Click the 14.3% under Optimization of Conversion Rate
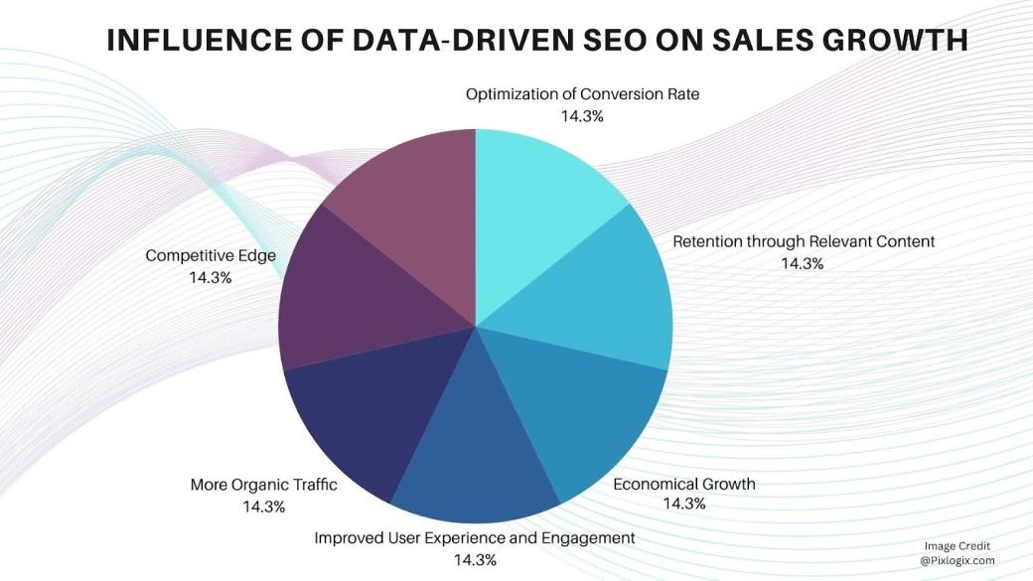tap(582, 115)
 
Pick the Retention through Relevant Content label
tap(804, 241)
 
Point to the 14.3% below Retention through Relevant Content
tap(803, 263)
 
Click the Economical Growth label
tap(684, 484)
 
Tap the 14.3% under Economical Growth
tap(684, 504)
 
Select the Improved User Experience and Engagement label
tap(474, 537)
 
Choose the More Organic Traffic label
tap(264, 486)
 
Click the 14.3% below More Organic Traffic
tap(264, 507)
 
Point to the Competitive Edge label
tap(211, 255)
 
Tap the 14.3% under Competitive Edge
tap(211, 277)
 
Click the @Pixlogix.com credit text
tap(957, 561)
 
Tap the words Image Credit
tap(957, 546)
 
